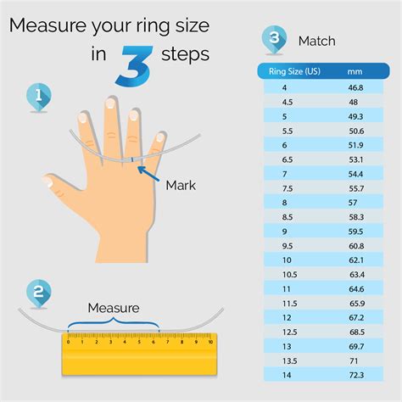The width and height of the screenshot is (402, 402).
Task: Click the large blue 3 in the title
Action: click(134, 65)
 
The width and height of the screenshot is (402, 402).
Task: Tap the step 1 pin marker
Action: click(39, 97)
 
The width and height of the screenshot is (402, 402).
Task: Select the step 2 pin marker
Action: click(39, 293)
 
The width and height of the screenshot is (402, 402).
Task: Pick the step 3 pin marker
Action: click(274, 40)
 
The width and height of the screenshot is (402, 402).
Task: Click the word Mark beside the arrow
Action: click(181, 186)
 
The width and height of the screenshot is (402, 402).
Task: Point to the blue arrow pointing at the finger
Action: click(148, 173)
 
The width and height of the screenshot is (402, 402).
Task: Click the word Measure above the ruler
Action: click(114, 308)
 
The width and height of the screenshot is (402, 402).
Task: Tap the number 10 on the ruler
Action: click(210, 342)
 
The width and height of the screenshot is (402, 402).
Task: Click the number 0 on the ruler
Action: click(68, 342)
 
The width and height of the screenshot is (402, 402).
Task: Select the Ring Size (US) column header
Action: click(294, 71)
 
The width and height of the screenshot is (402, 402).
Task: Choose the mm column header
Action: click(355, 71)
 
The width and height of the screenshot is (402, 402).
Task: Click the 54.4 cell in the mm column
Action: click(355, 174)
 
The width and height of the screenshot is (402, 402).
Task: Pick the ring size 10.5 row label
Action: click(289, 275)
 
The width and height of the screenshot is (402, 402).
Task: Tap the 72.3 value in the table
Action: click(356, 375)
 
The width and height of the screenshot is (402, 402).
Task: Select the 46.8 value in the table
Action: click(355, 87)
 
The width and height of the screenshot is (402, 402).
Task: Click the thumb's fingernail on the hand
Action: click(47, 181)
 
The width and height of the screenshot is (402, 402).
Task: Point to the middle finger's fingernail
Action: click(110, 103)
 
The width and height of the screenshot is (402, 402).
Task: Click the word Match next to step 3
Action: click(317, 41)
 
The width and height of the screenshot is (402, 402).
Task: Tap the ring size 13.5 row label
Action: click(289, 361)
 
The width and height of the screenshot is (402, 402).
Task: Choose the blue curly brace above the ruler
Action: click(114, 323)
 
